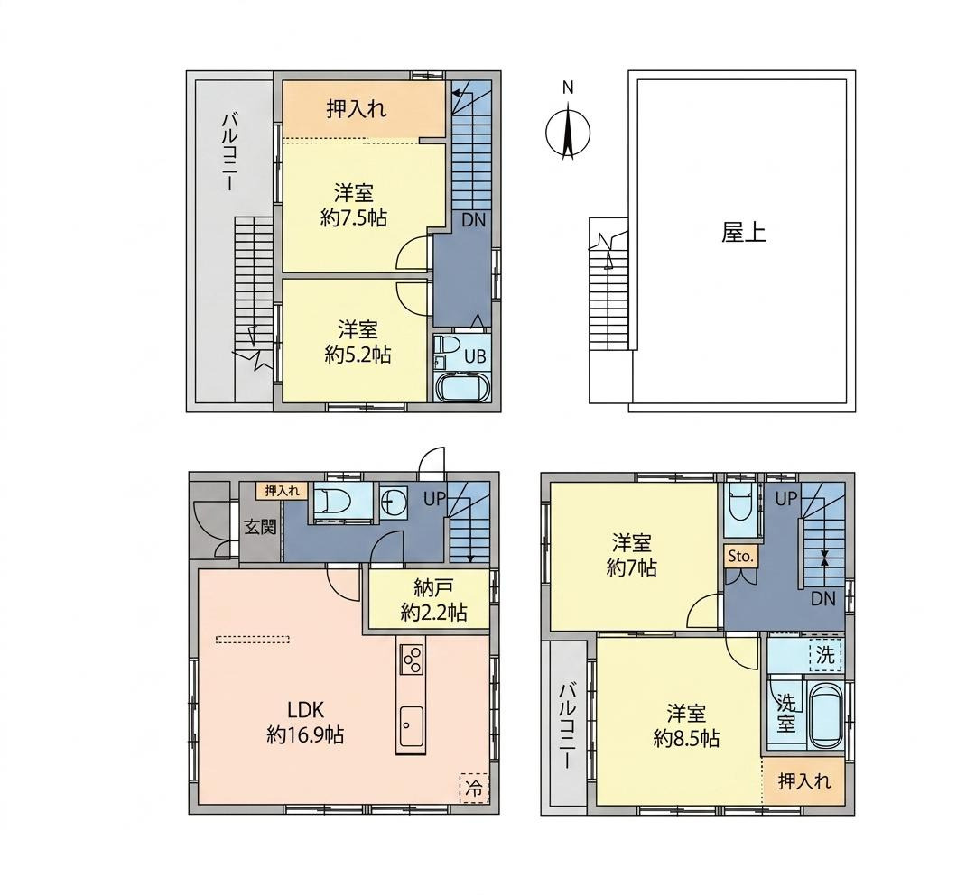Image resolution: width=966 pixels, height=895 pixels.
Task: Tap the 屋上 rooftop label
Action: tap(744, 232)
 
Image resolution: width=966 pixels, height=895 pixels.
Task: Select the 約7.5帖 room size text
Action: tap(354, 218)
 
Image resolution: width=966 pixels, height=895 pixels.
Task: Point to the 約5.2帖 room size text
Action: tap(358, 355)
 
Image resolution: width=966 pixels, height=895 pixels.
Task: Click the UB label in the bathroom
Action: tap(475, 356)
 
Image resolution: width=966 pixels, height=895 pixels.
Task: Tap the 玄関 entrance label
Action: tap(261, 527)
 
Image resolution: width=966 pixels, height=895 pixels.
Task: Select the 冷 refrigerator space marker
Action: tap(474, 788)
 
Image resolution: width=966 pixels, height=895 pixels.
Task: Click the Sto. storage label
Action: tap(741, 557)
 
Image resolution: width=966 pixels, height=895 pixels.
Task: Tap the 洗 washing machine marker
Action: tap(825, 655)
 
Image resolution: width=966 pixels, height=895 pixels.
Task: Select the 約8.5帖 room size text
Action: tap(686, 738)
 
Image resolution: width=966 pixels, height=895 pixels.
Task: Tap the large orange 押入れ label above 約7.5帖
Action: tap(357, 109)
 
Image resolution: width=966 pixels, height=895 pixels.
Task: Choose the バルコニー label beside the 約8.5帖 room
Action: tap(567, 726)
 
